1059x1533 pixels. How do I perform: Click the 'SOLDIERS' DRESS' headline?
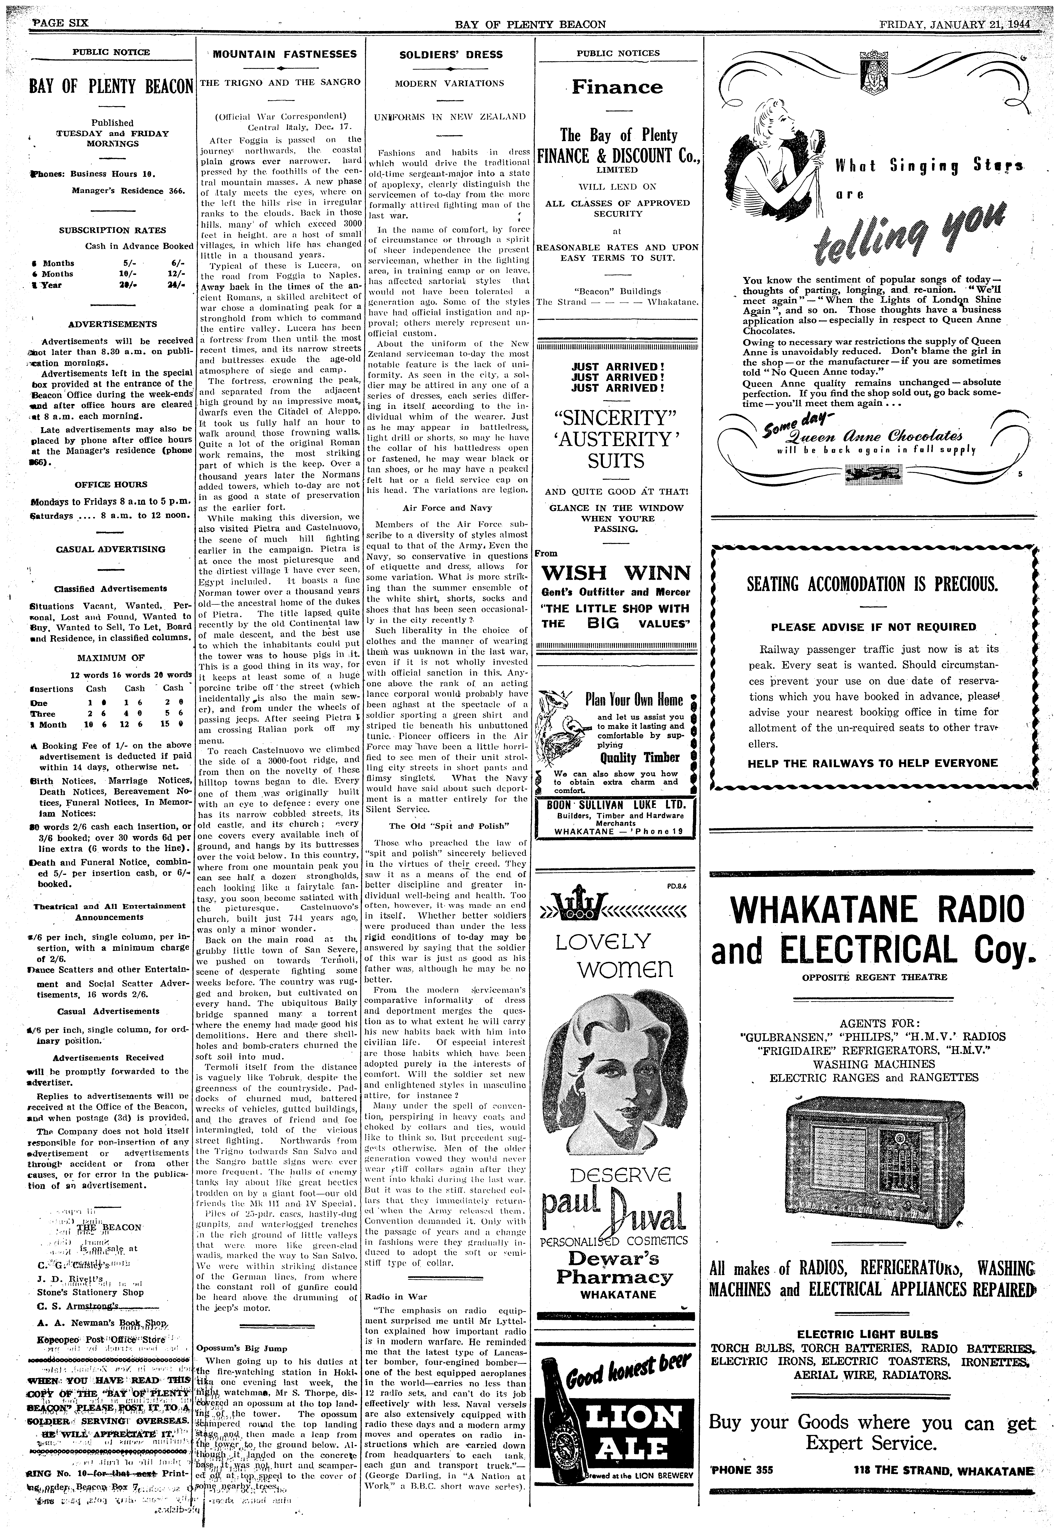[450, 55]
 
